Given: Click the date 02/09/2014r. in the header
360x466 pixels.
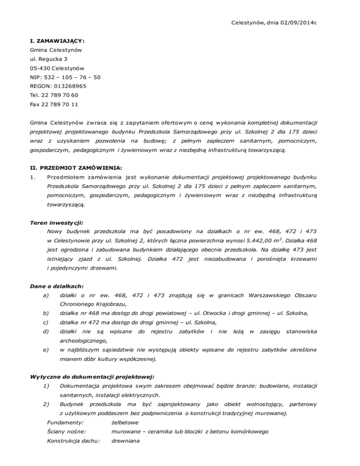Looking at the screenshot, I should (294, 22).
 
